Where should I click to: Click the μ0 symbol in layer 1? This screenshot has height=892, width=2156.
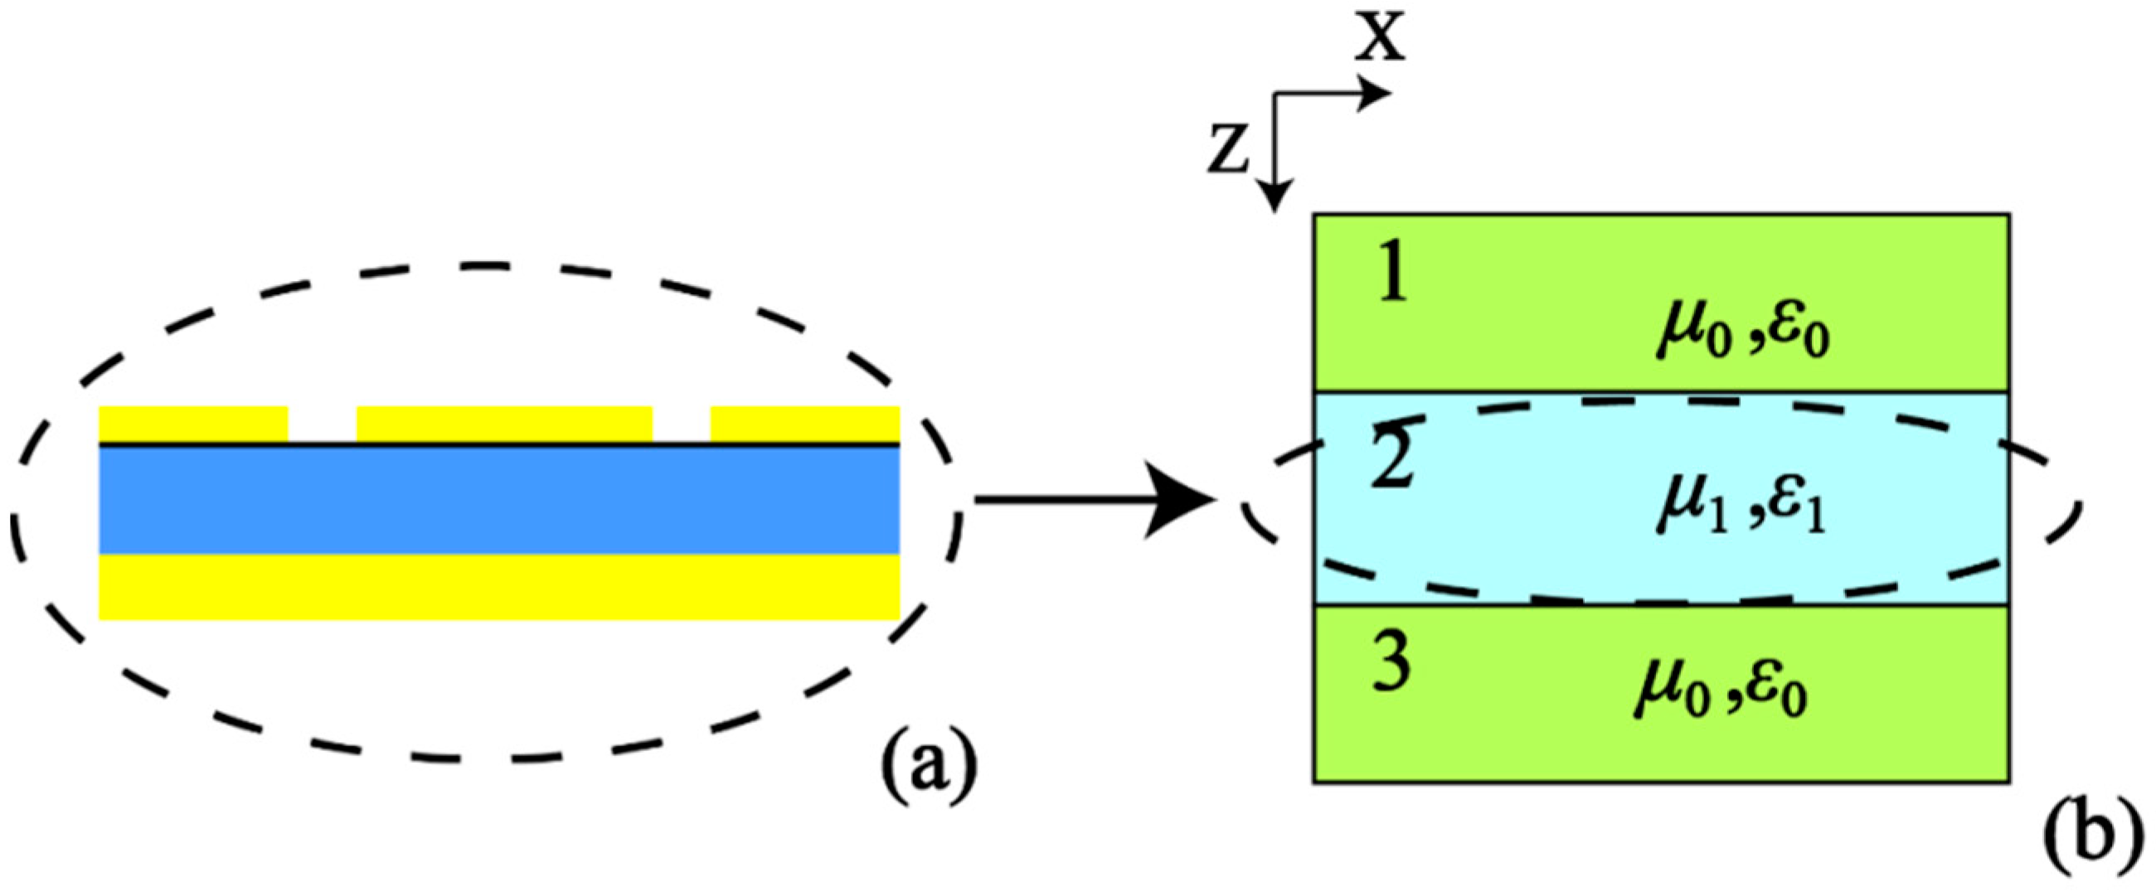[1686, 337]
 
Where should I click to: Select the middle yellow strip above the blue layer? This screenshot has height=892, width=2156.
[504, 424]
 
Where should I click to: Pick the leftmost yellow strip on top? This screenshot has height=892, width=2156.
[193, 424]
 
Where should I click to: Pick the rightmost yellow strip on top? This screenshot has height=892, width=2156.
[805, 424]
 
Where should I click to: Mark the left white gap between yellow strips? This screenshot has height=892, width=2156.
[323, 424]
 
